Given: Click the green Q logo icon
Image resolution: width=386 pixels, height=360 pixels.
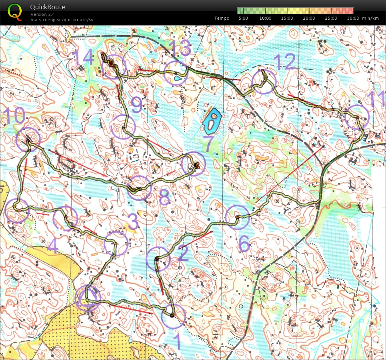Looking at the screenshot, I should [15, 11].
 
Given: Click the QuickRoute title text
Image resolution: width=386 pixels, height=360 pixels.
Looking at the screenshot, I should [48, 7].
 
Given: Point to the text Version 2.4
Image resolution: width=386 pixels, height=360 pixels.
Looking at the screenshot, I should [42, 14].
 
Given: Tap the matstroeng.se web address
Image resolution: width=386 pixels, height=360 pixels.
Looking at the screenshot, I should [62, 19].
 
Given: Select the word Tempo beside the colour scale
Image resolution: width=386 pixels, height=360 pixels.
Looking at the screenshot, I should [222, 18].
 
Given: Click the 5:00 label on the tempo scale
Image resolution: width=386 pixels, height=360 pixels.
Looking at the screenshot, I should [243, 18].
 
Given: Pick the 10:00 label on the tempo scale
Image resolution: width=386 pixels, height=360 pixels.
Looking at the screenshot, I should [265, 18].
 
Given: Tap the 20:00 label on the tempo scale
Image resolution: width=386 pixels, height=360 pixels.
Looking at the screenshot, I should [309, 18].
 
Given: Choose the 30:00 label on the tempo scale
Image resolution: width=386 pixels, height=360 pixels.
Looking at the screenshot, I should [353, 18].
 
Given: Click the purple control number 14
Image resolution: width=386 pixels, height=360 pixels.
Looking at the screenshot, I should [83, 58].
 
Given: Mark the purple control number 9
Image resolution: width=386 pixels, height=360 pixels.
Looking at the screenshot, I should [136, 104].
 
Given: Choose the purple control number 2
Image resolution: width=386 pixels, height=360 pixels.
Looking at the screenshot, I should [182, 254].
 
